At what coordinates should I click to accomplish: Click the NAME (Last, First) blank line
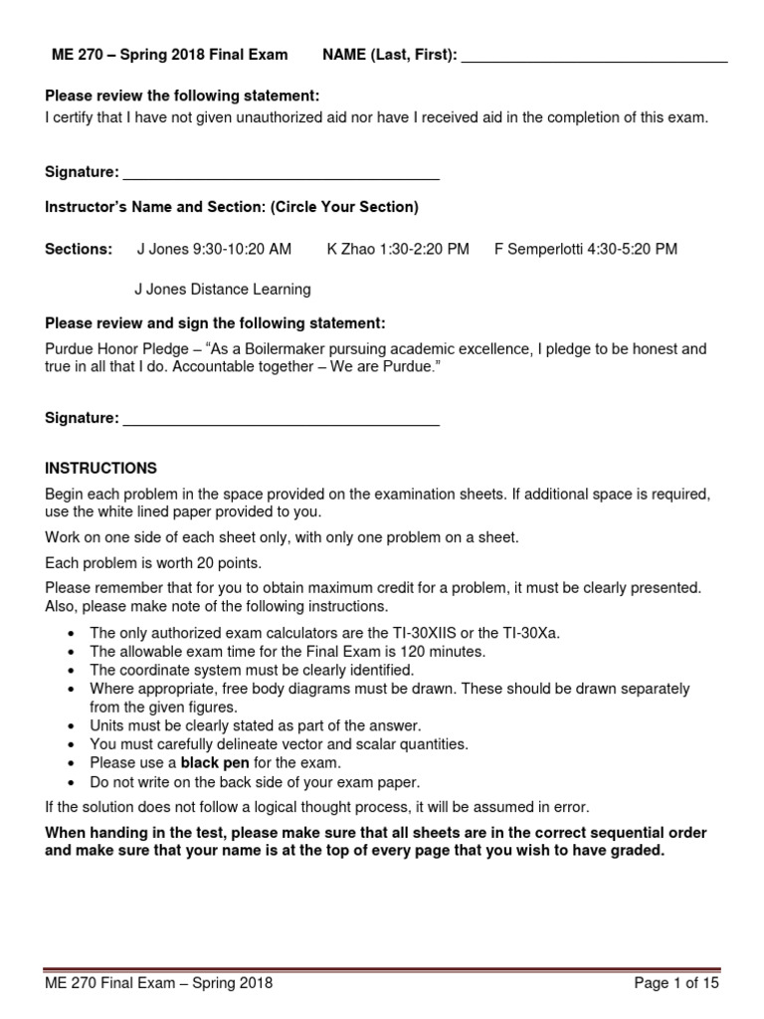tap(595, 58)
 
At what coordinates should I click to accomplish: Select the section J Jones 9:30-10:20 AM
tap(214, 249)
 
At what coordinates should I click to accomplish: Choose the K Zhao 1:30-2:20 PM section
tap(398, 249)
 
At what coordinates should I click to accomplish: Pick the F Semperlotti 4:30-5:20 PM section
tap(586, 249)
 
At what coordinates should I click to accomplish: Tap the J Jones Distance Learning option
tap(223, 290)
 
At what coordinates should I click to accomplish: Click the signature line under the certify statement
tap(280, 175)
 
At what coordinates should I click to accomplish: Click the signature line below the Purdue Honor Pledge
tap(280, 420)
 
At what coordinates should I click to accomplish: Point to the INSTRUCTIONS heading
tap(101, 468)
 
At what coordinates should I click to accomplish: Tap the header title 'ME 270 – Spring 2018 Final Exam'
tap(169, 56)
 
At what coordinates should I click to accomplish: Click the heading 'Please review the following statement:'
tap(183, 96)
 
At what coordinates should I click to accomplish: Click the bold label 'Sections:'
tap(79, 249)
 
